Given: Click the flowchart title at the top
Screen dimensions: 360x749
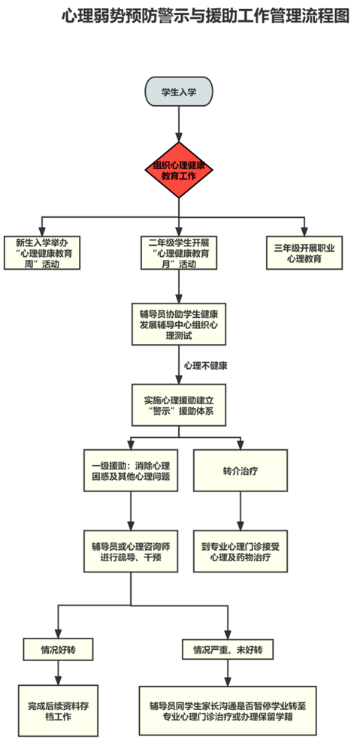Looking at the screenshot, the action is tap(206, 17).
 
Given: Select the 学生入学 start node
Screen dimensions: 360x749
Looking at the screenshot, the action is tap(179, 91).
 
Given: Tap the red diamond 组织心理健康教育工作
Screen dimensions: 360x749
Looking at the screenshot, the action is tap(179, 170).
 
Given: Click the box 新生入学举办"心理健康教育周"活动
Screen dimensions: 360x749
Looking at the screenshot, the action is tap(41, 252).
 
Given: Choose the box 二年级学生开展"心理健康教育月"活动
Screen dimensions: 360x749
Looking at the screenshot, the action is tap(179, 252).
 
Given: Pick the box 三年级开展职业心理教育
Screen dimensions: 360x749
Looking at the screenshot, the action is tap(304, 252).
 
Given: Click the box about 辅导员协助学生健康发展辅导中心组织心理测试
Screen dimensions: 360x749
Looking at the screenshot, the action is tap(179, 324).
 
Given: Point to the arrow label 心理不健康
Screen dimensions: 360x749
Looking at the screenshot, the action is tap(206, 367).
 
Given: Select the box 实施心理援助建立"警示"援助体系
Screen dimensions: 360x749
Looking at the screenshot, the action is tap(179, 405).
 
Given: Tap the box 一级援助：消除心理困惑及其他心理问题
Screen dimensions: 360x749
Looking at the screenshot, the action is tap(132, 470).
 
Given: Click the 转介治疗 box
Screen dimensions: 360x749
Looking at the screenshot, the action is tap(241, 470).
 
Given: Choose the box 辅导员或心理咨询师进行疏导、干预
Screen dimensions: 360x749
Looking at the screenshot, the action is tap(132, 551).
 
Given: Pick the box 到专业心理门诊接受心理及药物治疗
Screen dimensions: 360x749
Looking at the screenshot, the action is tap(241, 551).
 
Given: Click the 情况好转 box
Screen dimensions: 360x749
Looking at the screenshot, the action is tap(58, 650).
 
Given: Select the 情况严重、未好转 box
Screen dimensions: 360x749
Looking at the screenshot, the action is tap(227, 650).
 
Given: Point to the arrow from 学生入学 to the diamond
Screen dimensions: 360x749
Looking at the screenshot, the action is tap(179, 124).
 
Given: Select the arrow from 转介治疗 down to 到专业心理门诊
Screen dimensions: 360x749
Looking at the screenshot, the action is tap(241, 511).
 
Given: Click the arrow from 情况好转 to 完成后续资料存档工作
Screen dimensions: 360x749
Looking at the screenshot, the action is tap(58, 672).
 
